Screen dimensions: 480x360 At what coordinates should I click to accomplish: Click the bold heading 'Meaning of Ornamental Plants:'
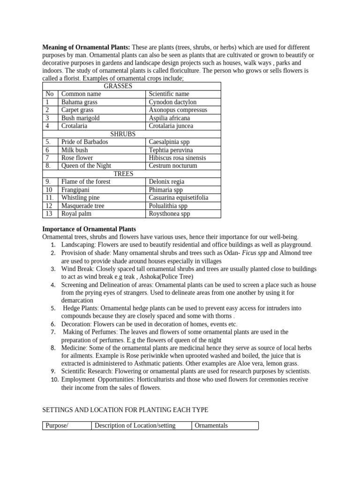tap(86, 47)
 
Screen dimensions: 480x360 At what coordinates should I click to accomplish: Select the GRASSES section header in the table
tap(118, 86)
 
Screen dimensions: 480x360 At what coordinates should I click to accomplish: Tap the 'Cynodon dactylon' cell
tap(172, 102)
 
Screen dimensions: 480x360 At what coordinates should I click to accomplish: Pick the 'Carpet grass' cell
tap(77, 110)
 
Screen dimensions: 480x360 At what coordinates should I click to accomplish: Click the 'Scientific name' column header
tap(169, 94)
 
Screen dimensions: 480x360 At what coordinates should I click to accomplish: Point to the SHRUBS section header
tap(122, 134)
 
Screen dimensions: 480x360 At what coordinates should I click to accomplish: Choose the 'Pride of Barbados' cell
tap(84, 142)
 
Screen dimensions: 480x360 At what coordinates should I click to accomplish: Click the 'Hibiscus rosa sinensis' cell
tap(177, 158)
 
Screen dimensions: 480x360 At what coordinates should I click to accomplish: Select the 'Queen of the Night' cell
tap(86, 165)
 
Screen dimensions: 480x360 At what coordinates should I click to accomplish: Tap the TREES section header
tap(123, 173)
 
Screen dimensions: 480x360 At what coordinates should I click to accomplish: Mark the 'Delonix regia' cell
tap(166, 181)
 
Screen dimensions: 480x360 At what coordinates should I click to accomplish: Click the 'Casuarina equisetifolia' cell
tap(179, 198)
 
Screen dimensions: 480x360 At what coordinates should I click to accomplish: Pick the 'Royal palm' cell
tap(76, 213)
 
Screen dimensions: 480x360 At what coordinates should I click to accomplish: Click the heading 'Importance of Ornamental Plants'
tap(89, 229)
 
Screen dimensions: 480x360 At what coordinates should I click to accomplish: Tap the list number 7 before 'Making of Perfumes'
tap(54, 332)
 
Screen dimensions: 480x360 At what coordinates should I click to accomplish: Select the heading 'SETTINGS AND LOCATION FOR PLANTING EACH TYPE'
tap(125, 410)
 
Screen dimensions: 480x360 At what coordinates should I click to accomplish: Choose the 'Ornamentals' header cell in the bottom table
tap(211, 426)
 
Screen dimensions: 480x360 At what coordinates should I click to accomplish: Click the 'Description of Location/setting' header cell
tap(135, 426)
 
